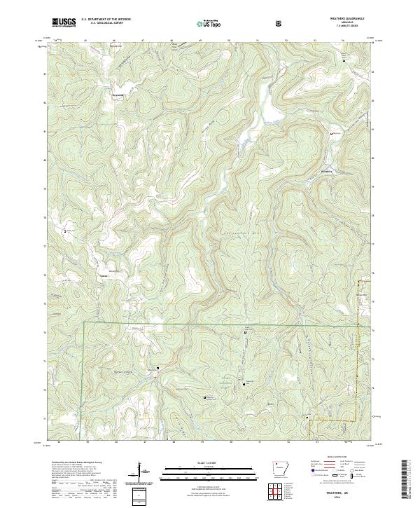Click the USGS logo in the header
pyautogui.click(x=64, y=23)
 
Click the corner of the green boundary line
pyautogui.click(x=85, y=323)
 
